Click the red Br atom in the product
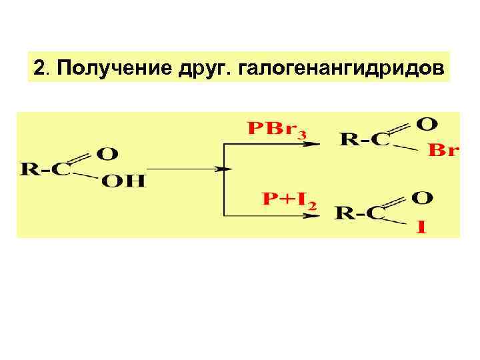click(x=443, y=151)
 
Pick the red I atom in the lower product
click(x=421, y=228)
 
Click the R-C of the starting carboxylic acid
click(x=46, y=169)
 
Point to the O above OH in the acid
click(x=108, y=153)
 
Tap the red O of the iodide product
click(x=423, y=197)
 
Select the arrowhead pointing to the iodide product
click(x=311, y=215)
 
